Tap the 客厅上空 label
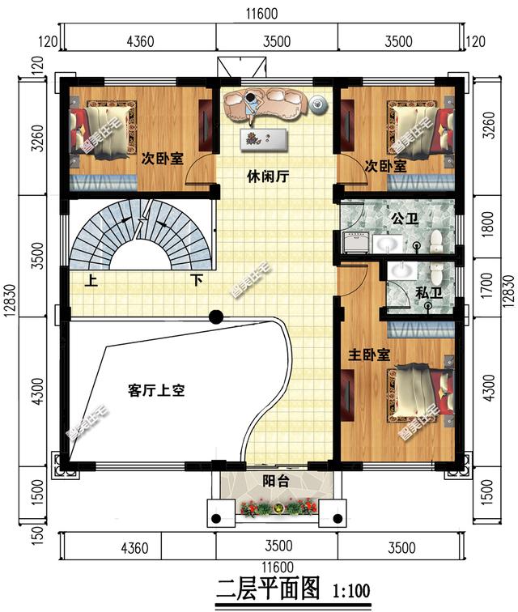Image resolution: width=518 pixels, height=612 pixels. click(x=157, y=391)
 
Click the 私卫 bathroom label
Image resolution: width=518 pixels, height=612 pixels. click(x=428, y=293)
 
